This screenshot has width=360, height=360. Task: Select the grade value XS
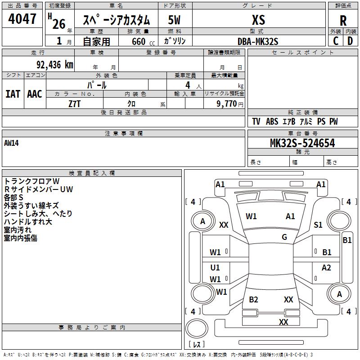pos(258,20)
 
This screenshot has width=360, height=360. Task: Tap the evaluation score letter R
pos(343,21)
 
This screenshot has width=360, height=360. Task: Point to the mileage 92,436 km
pos(54,65)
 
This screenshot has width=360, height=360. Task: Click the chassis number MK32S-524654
pos(302,143)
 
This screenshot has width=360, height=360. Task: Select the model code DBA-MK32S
pos(258,41)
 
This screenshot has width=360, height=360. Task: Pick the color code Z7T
pos(75,103)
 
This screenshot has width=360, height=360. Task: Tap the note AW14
pos(11,143)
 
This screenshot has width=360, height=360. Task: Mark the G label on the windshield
pos(284,237)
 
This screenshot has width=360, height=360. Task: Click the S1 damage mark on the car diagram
pos(318,225)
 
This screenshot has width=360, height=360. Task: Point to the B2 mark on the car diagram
pos(253,300)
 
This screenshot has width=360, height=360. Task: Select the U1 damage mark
pos(215,268)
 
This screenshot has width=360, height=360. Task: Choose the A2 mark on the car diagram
pos(326,268)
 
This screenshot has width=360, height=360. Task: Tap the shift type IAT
pos(13,94)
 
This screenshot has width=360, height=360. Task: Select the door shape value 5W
pos(174,20)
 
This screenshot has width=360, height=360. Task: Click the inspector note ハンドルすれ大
pos(28,221)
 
